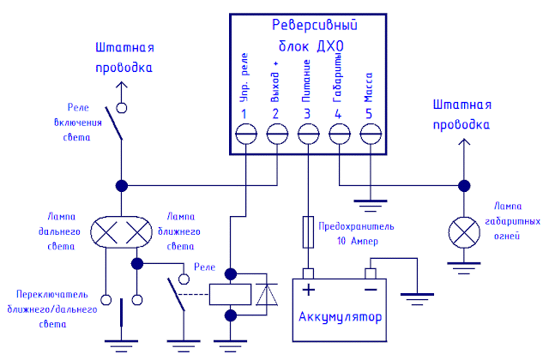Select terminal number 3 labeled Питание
[x=308, y=134]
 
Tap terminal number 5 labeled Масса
[x=370, y=134]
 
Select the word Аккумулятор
[x=340, y=320]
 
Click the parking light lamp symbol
[x=464, y=231]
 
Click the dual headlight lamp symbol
[x=122, y=231]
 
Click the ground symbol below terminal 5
[x=370, y=205]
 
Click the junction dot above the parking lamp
[x=464, y=185]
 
